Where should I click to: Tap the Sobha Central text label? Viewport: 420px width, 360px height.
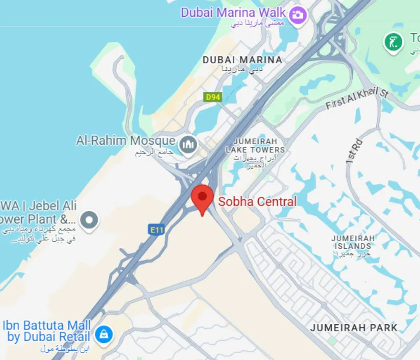pyautogui.click(x=257, y=202)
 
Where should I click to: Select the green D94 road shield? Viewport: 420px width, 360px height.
pyautogui.click(x=213, y=97)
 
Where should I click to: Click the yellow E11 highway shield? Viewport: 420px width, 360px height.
pyautogui.click(x=156, y=230)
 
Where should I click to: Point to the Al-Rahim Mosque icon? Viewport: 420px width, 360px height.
pyautogui.click(x=188, y=146)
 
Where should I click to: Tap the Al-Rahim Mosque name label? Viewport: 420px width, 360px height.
pyautogui.click(x=125, y=140)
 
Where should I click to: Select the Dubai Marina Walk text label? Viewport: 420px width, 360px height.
pyautogui.click(x=233, y=12)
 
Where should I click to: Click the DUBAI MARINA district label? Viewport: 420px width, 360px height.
pyautogui.click(x=242, y=60)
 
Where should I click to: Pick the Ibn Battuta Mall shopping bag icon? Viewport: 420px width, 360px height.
pyautogui.click(x=102, y=334)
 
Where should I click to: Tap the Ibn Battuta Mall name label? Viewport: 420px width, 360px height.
pyautogui.click(x=47, y=331)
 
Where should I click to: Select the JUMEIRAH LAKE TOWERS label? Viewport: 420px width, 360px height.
pyautogui.click(x=255, y=146)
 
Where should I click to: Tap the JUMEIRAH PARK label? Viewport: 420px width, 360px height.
pyautogui.click(x=354, y=328)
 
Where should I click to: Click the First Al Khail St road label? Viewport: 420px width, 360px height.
pyautogui.click(x=357, y=99)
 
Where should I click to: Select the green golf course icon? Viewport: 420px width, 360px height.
pyautogui.click(x=393, y=42)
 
